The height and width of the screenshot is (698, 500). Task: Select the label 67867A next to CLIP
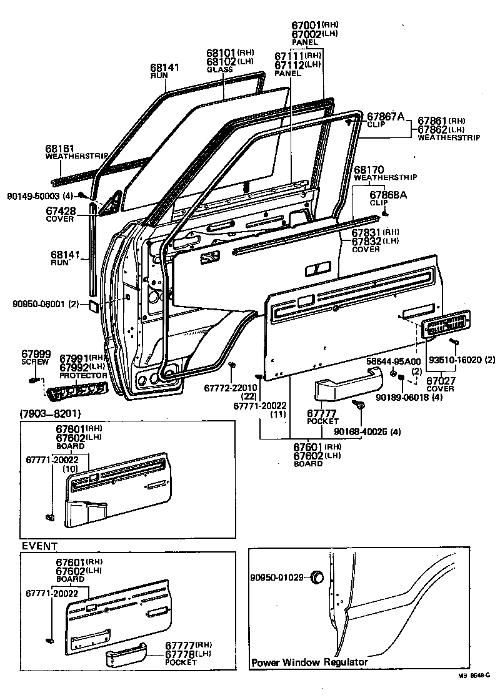386,116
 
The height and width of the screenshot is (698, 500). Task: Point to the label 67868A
390,195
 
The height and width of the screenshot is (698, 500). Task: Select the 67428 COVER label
61,211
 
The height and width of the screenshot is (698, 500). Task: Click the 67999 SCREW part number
36,354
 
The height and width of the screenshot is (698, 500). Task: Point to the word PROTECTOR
82,375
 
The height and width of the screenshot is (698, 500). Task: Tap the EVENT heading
40,546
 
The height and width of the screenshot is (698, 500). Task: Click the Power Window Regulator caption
309,662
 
